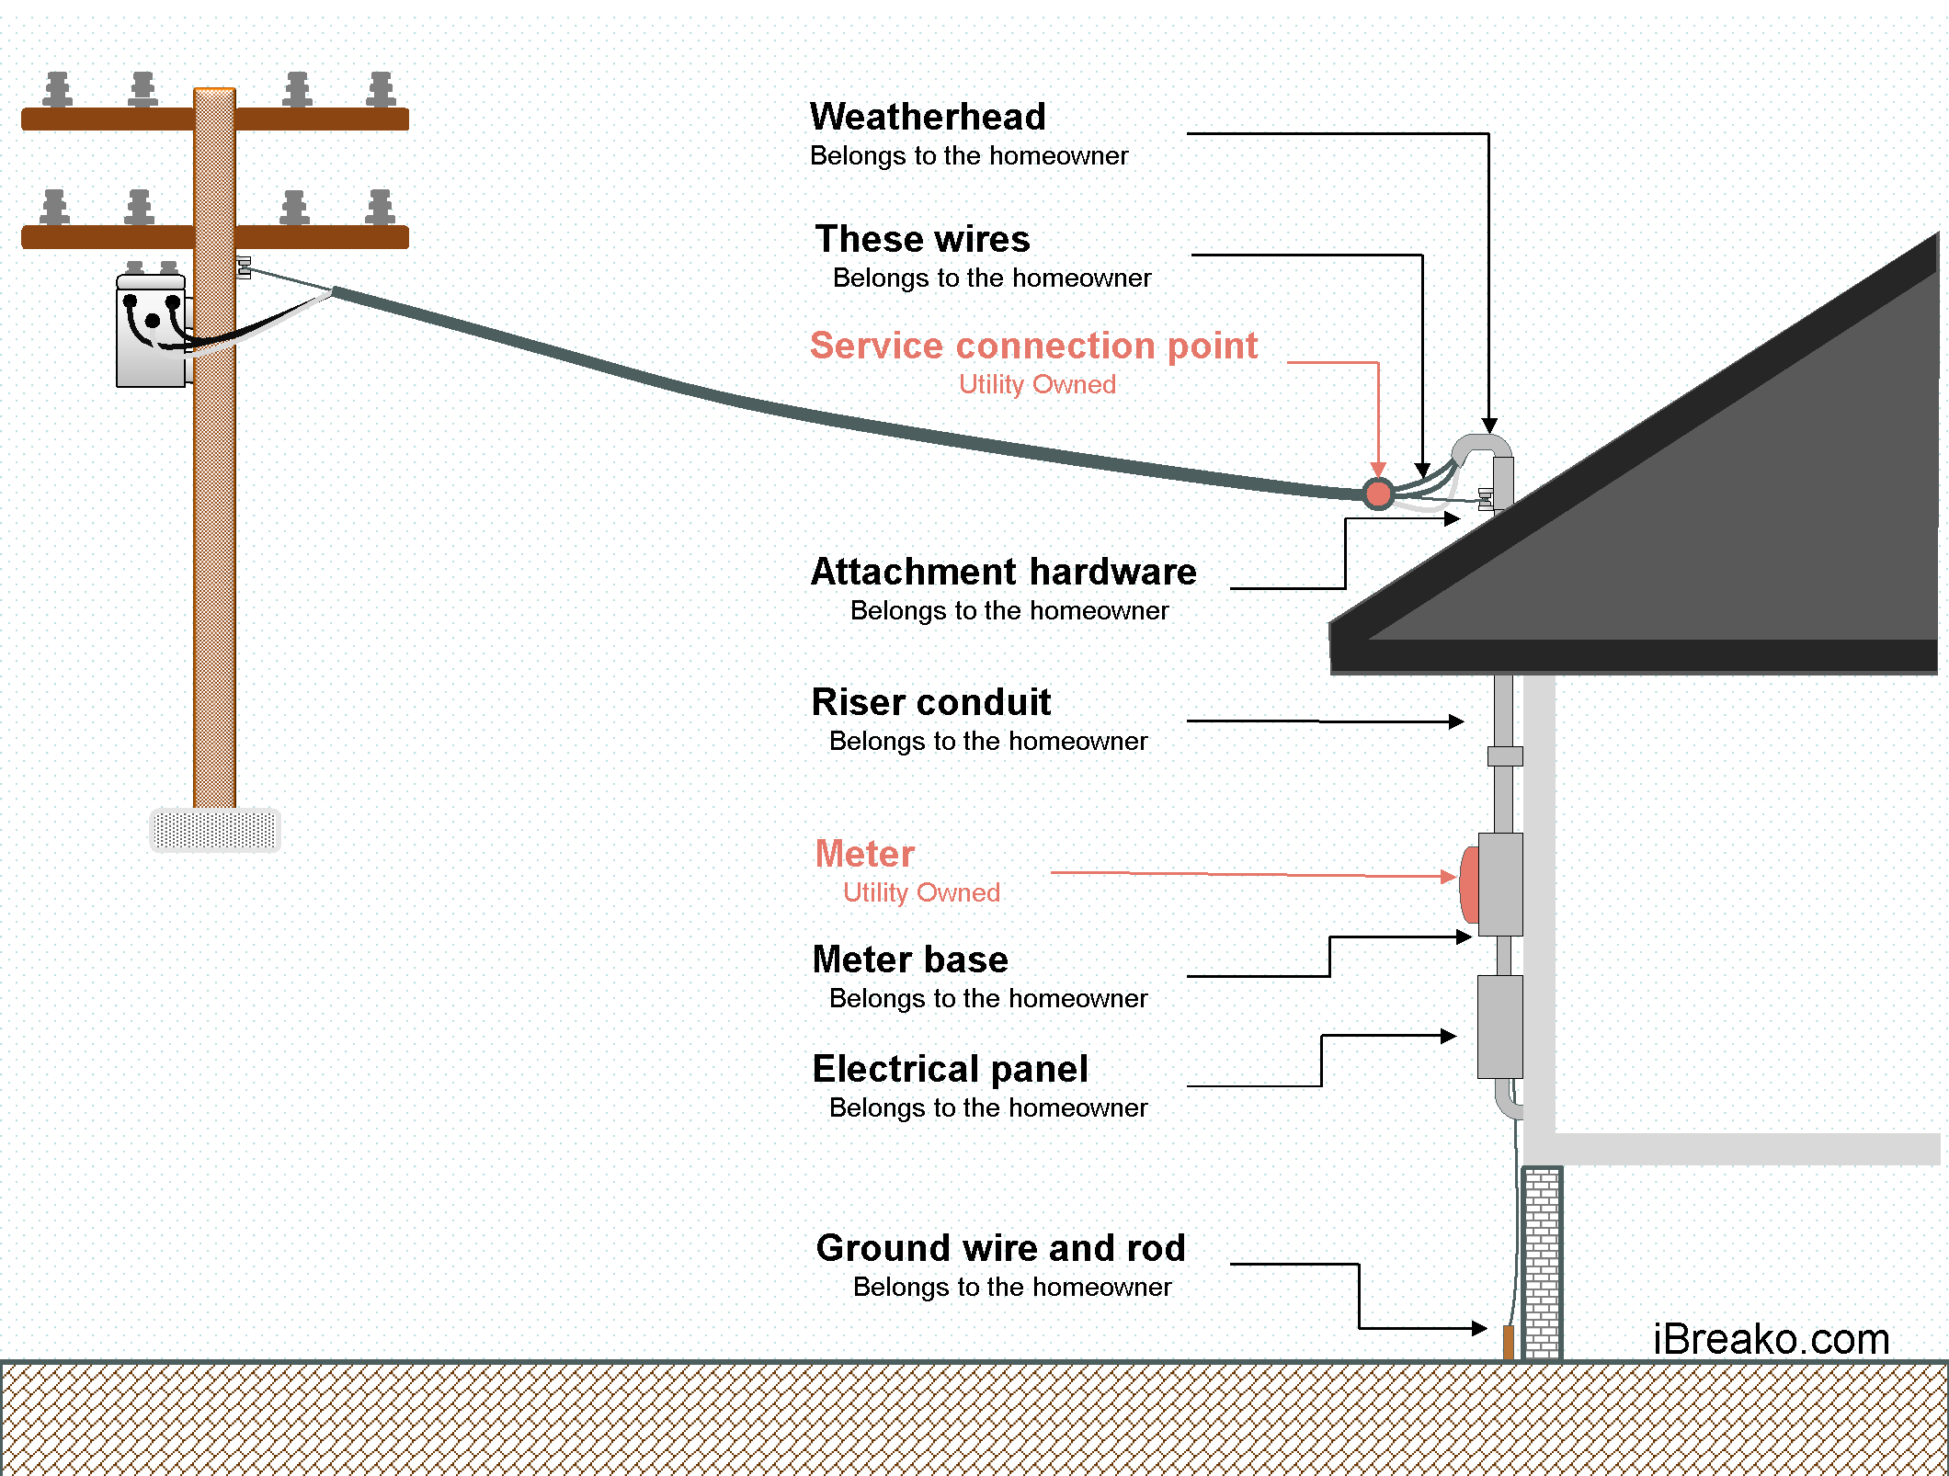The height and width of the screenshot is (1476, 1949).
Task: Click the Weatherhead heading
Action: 928,117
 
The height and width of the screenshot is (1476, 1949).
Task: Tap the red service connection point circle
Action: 1378,494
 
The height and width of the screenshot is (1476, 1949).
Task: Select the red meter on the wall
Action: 1469,885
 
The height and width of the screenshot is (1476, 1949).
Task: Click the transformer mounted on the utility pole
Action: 152,331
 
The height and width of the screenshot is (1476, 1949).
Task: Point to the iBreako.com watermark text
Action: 1771,1338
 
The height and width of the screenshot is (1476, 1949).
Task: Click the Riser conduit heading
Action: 930,702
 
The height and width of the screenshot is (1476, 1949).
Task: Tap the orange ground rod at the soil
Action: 1508,1342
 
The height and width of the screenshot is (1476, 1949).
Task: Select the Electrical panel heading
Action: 950,1069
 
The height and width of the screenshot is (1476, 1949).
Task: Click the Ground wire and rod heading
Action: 1000,1248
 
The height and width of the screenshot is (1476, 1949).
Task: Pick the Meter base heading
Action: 910,959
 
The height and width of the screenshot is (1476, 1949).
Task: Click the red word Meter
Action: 864,854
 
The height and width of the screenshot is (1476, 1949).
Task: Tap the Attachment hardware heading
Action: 1003,572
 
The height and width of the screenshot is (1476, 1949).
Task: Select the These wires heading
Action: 922,239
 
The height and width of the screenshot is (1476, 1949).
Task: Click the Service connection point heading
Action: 1033,346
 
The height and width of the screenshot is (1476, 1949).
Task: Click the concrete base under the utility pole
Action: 215,830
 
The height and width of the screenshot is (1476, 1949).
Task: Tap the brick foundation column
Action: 1542,1263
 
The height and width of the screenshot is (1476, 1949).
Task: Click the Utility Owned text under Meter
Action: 921,892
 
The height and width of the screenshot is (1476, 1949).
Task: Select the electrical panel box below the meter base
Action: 1499,1027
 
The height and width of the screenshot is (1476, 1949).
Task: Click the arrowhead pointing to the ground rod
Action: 1479,1328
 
